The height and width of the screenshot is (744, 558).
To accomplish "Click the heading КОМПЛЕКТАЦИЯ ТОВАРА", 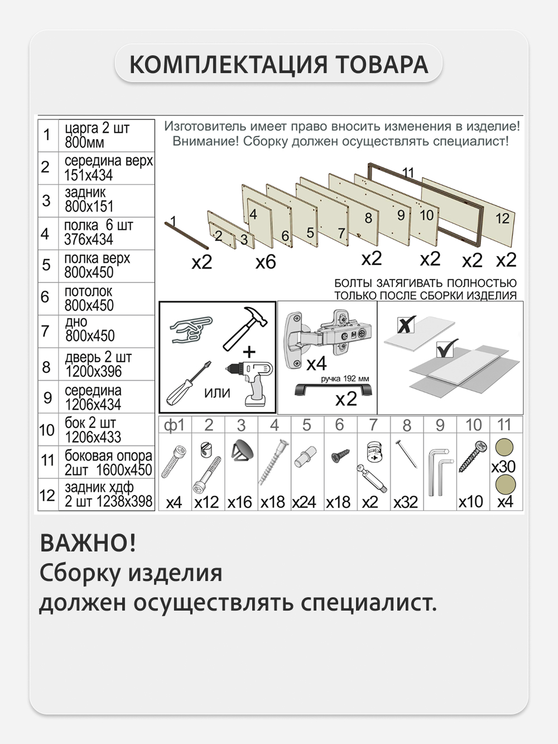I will [278, 64].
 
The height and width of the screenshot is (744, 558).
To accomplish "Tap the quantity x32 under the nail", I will [406, 502].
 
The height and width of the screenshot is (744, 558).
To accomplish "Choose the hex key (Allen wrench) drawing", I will [440, 471].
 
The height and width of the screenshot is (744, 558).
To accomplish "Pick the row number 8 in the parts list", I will [46, 367].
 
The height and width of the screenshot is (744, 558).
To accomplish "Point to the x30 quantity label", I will [503, 466].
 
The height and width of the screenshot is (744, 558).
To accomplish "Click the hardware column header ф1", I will [174, 425].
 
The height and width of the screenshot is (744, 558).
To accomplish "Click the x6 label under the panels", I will [266, 262].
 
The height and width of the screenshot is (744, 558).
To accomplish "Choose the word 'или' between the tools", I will [217, 392].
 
